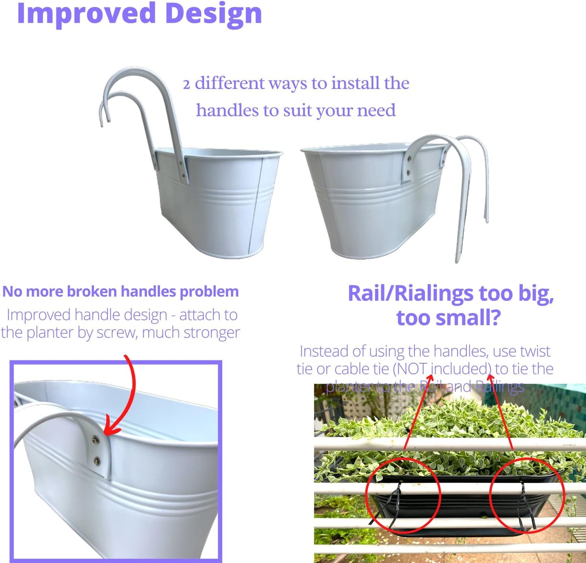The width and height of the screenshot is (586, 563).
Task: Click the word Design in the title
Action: [213, 13]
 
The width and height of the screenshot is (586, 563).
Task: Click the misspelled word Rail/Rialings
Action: [410, 293]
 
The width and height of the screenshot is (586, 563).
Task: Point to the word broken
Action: [92, 291]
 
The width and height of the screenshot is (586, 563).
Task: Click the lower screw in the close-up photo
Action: [97, 460]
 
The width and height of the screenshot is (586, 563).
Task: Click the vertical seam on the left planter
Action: [255, 207]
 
